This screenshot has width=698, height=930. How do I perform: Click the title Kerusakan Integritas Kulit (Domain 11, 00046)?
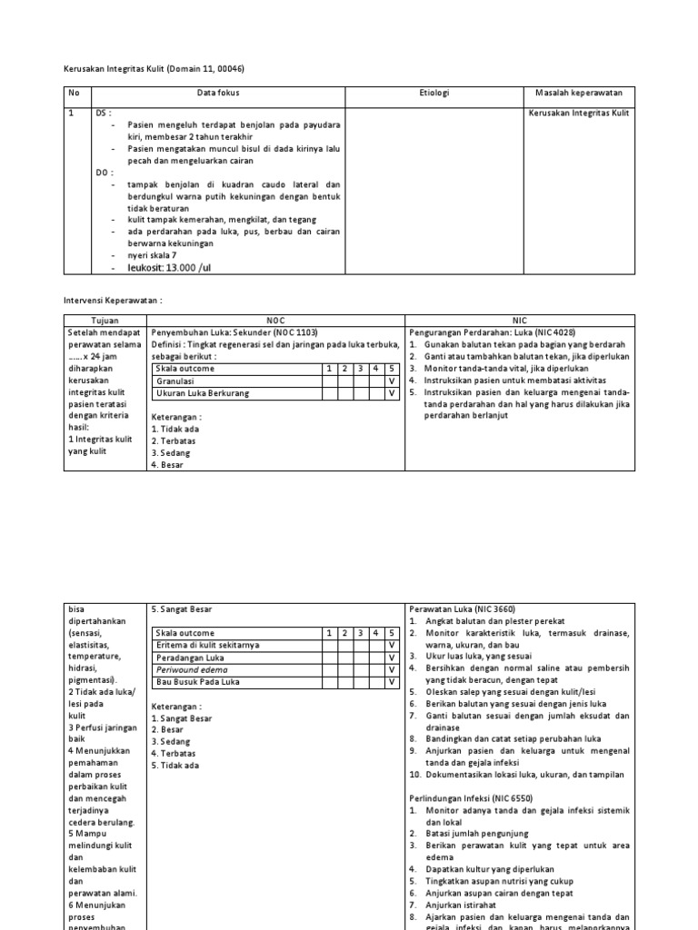coord(154,68)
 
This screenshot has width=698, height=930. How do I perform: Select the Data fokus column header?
coord(218,94)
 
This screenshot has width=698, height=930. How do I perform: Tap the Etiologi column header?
coord(434,94)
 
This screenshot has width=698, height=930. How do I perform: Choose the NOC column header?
coord(276,321)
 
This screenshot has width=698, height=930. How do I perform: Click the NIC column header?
coord(519,321)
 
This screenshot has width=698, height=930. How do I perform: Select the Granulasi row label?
coord(176,381)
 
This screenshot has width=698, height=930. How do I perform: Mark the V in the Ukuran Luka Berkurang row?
coord(392,393)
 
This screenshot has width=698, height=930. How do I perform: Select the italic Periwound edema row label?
coord(192,668)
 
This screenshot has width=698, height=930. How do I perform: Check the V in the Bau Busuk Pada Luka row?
coord(392,680)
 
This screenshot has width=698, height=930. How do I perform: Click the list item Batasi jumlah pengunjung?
coord(482,833)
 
